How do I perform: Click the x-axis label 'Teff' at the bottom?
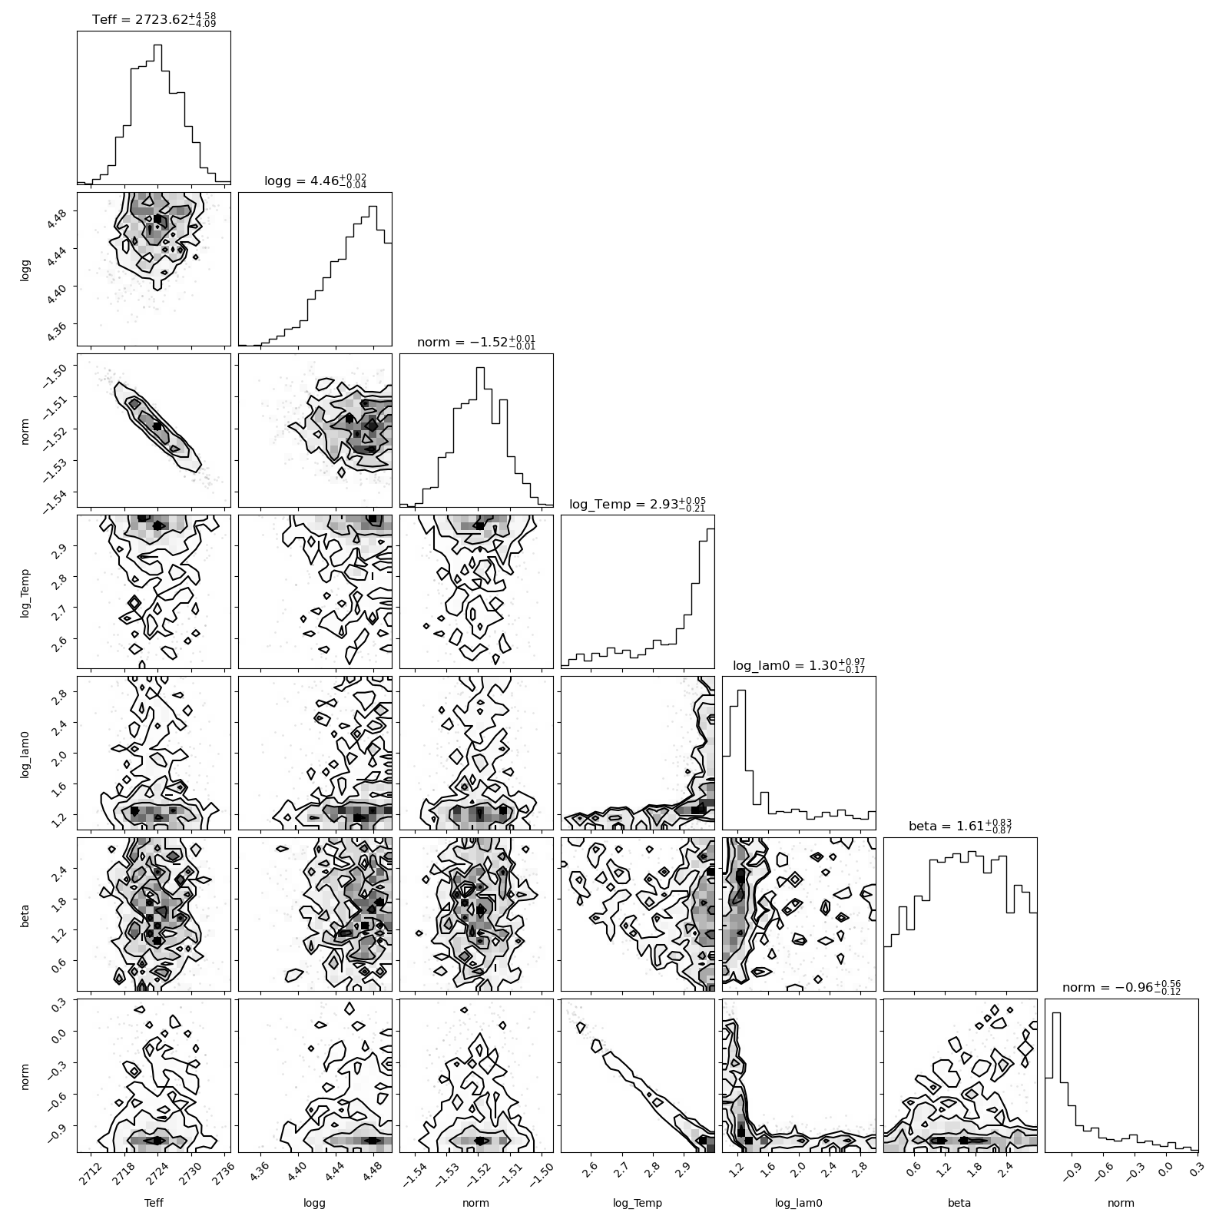coord(154,1203)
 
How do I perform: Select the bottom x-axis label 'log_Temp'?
coord(638,1204)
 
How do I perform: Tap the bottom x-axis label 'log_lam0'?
coord(799,1204)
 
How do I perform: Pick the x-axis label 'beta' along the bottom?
coord(960,1203)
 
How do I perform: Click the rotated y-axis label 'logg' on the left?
coord(25,269)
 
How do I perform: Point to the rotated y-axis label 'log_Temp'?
coord(25,591)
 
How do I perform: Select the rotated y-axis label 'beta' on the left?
coord(25,914)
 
